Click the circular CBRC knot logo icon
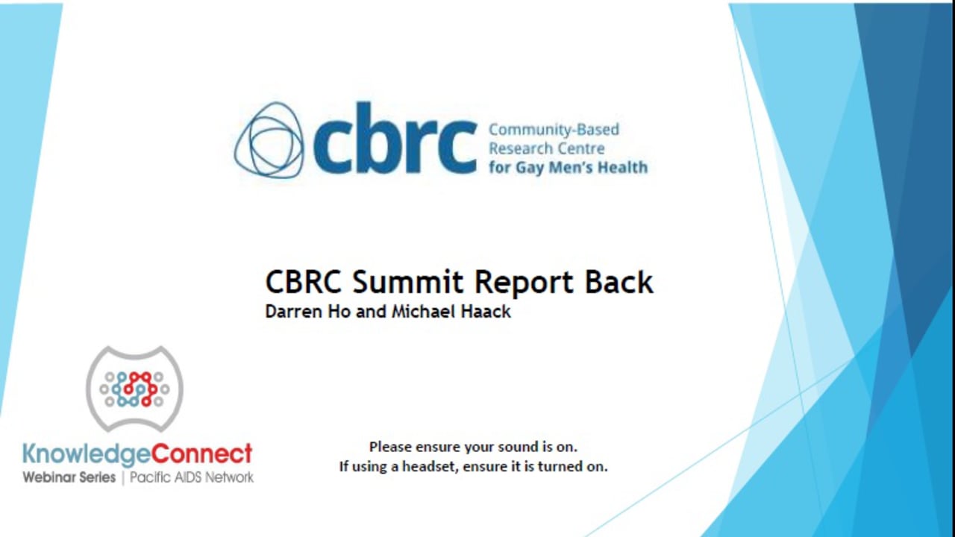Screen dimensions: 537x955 pyautogui.click(x=269, y=140)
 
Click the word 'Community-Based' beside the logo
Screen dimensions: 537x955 pyautogui.click(x=554, y=130)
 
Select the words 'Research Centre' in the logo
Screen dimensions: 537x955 pyautogui.click(x=546, y=148)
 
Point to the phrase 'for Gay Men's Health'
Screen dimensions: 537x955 pyautogui.click(x=568, y=167)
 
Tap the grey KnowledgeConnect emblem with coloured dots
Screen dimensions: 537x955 pyautogui.click(x=134, y=389)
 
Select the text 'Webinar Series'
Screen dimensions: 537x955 pyautogui.click(x=69, y=477)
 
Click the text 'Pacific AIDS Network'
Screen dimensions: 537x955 pyautogui.click(x=192, y=477)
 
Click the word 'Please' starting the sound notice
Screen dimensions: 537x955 pyautogui.click(x=391, y=447)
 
